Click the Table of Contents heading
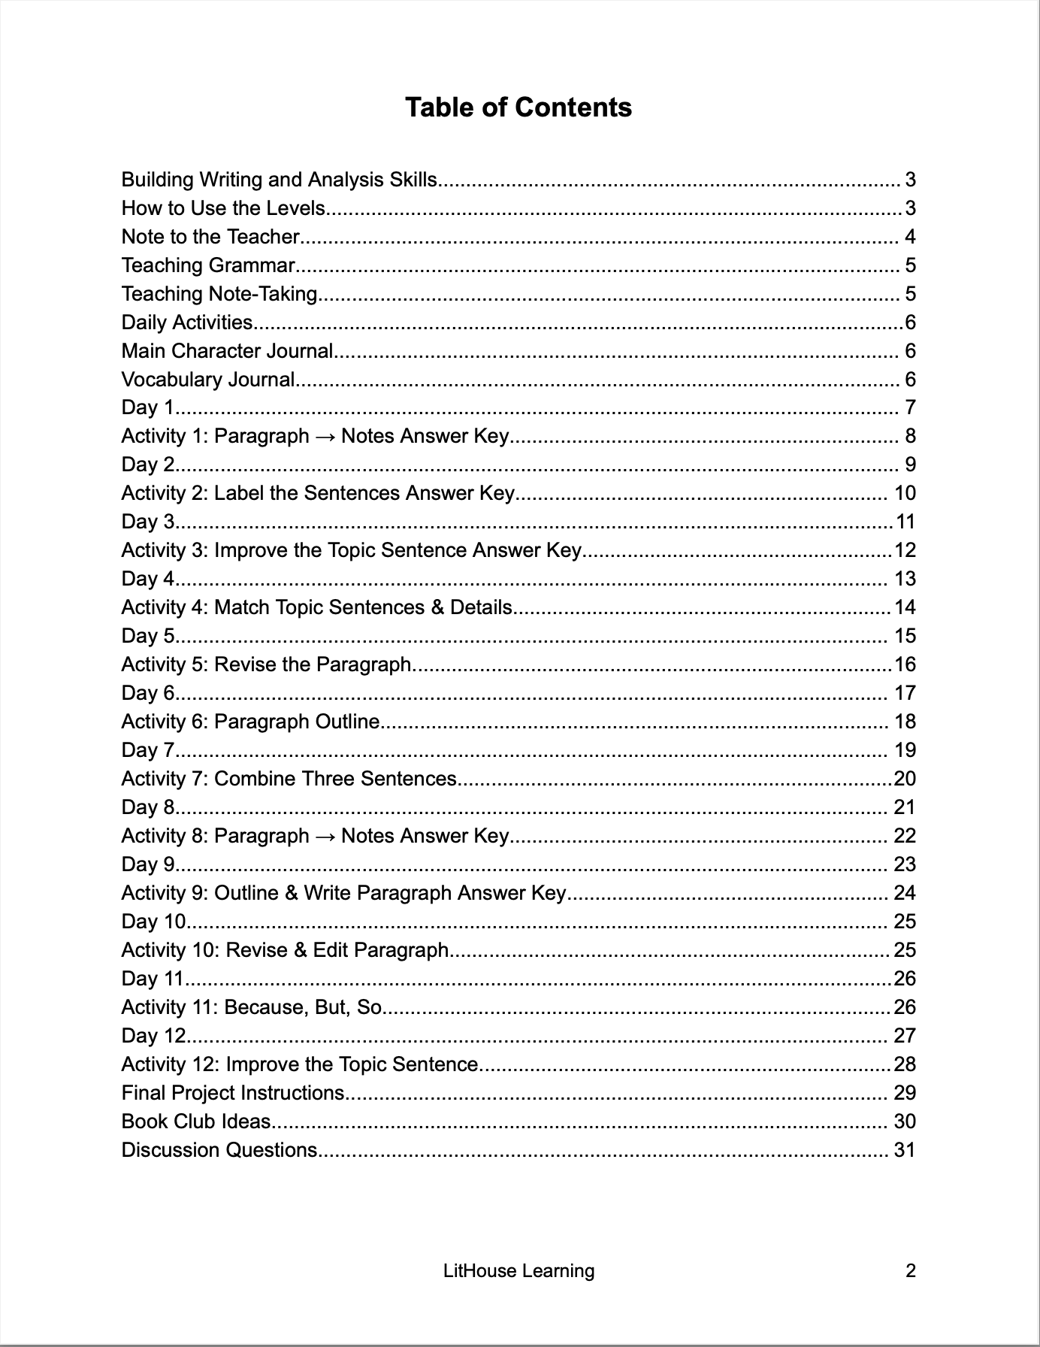pyautogui.click(x=518, y=107)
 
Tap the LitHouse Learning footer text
pyautogui.click(x=518, y=1271)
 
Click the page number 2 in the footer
pyautogui.click(x=910, y=1271)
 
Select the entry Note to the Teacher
pyautogui.click(x=210, y=237)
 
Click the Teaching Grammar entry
pyautogui.click(x=208, y=265)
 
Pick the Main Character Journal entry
pyautogui.click(x=227, y=351)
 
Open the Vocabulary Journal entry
pyautogui.click(x=208, y=380)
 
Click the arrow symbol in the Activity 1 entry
pyautogui.click(x=325, y=437)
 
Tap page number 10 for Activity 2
pyautogui.click(x=905, y=494)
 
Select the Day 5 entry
pyautogui.click(x=148, y=637)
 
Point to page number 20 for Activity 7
pyautogui.click(x=905, y=779)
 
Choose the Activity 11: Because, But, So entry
pyautogui.click(x=252, y=1008)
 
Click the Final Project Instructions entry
pyautogui.click(x=233, y=1094)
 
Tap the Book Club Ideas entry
pyautogui.click(x=195, y=1122)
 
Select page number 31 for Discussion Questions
pyautogui.click(x=905, y=1151)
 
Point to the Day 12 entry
pyautogui.click(x=153, y=1037)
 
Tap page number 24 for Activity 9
pyautogui.click(x=905, y=894)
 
